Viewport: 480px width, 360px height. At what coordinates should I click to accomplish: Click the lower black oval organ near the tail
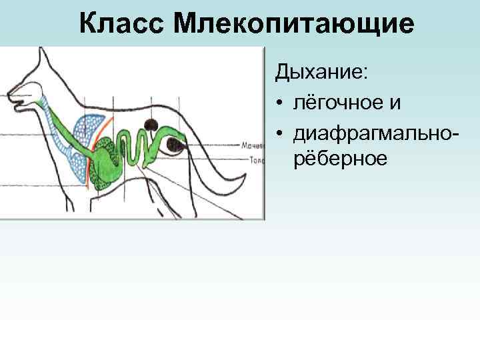(x=177, y=144)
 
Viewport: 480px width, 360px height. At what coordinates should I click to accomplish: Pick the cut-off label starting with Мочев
(x=255, y=145)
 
